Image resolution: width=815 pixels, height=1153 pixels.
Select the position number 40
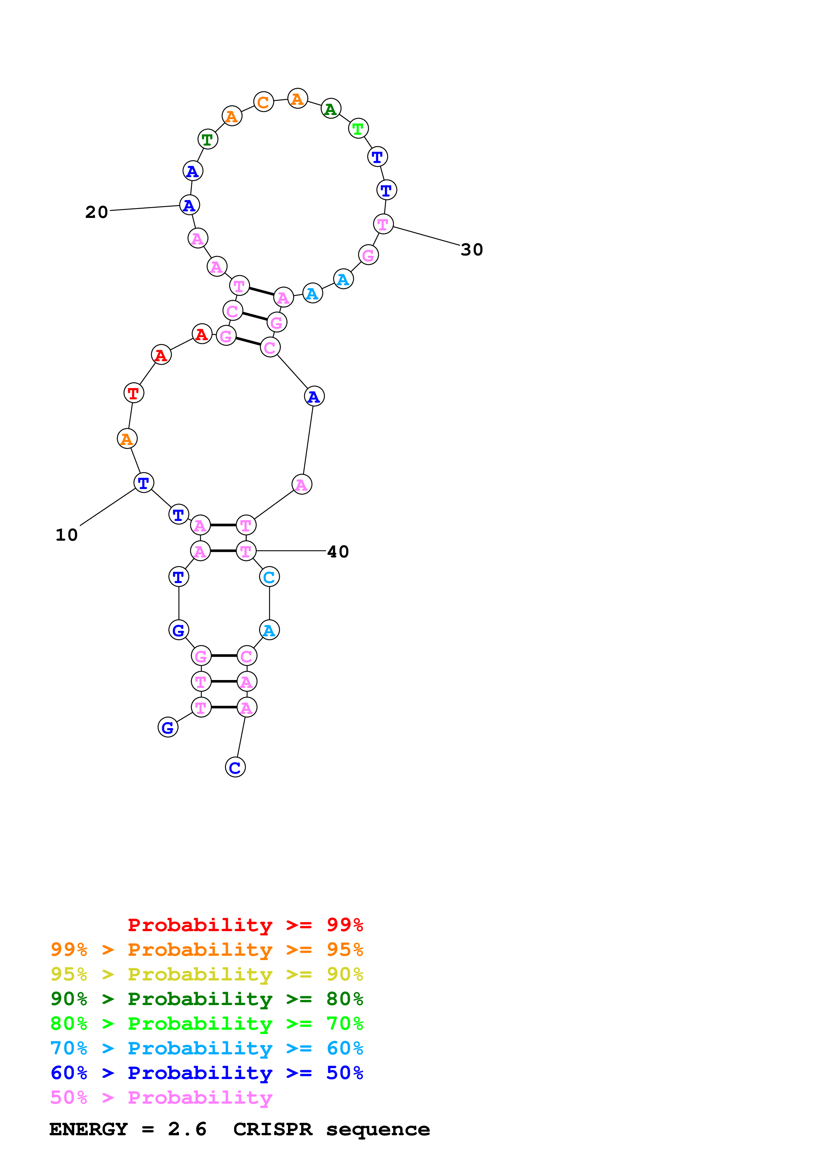pos(338,552)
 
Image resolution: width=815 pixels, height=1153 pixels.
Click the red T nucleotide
pos(133,393)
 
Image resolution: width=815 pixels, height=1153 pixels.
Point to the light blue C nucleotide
pos(269,577)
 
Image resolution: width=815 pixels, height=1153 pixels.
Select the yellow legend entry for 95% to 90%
pos(206,974)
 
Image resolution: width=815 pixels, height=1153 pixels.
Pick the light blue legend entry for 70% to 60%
pos(206,1048)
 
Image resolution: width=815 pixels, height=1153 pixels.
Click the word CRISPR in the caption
pos(273,1129)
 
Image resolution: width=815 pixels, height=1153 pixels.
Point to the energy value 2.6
pos(187,1129)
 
